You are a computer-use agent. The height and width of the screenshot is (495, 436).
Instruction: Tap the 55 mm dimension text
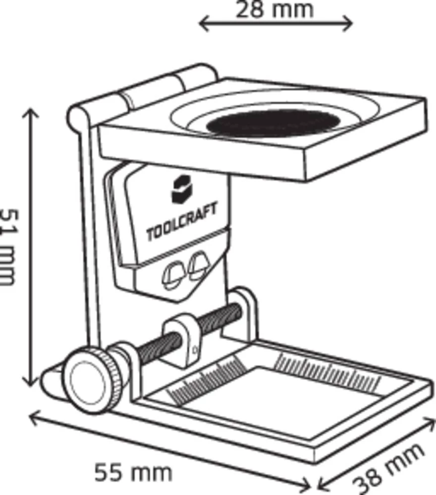click(x=134, y=473)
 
